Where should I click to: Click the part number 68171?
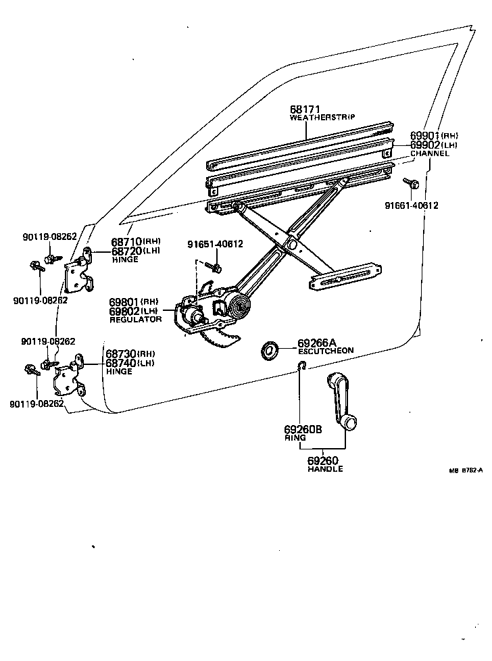(305, 109)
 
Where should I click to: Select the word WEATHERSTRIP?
(322, 118)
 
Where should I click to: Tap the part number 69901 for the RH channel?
(424, 136)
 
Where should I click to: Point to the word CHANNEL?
(430, 153)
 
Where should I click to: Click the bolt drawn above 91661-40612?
(412, 182)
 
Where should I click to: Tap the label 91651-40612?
(215, 244)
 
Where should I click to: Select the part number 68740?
(119, 363)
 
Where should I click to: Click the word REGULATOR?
(136, 319)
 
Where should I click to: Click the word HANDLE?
(325, 469)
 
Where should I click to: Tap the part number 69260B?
(303, 429)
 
